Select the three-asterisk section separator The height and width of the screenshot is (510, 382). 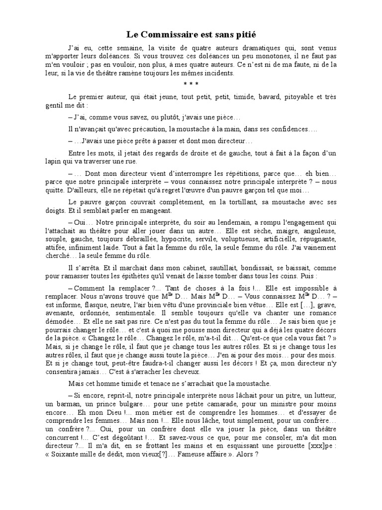click(191, 83)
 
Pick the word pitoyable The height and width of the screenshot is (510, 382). click(295, 97)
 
